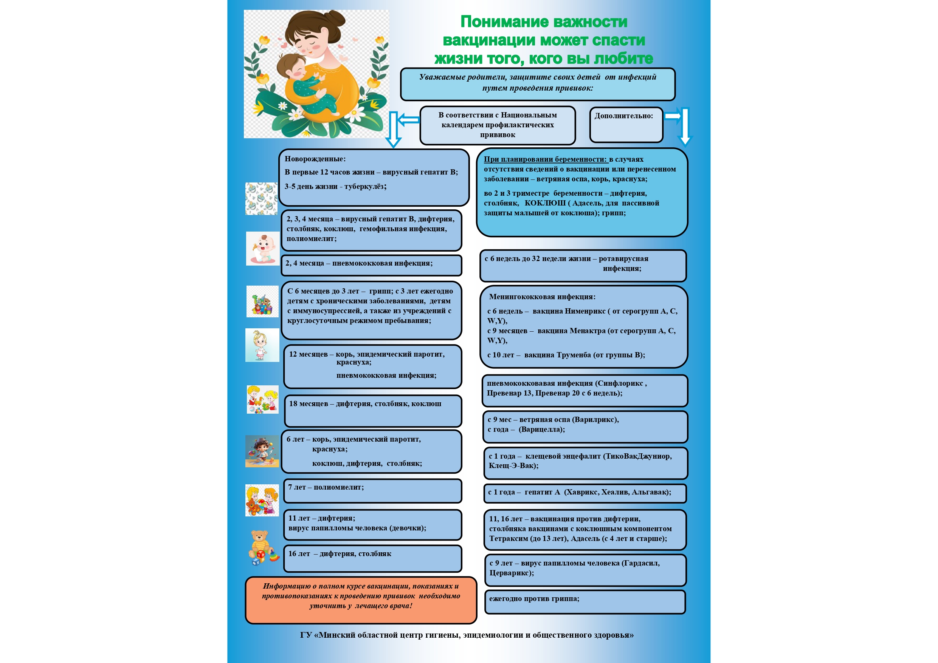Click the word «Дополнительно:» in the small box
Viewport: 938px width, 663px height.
click(x=623, y=116)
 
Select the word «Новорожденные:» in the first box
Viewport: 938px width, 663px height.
click(x=315, y=159)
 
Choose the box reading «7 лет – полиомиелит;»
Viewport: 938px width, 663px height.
click(x=372, y=491)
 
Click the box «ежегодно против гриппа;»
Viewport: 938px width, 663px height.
click(x=585, y=602)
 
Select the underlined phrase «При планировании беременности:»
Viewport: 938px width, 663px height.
click(x=546, y=159)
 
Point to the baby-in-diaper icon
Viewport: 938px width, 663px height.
click(x=263, y=249)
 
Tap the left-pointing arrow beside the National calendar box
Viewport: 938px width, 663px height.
click(x=408, y=120)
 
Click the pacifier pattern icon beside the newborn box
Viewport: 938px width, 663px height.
click(x=262, y=199)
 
